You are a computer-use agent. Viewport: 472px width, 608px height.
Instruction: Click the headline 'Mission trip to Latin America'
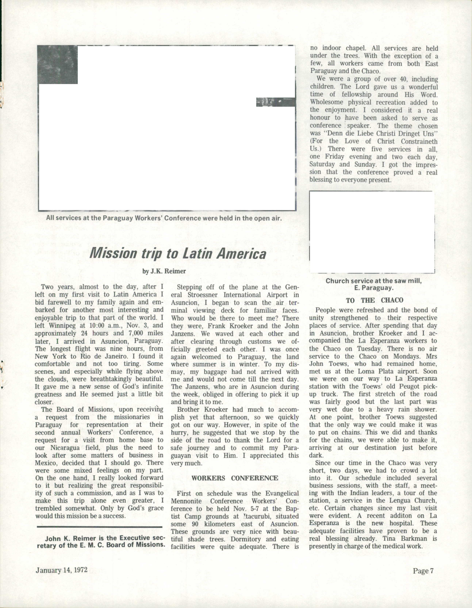pyautogui.click(x=178, y=253)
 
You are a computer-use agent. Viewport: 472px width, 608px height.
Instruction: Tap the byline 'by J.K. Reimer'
pyautogui.click(x=164, y=271)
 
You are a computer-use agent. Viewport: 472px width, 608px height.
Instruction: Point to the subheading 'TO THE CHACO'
pyautogui.click(x=374, y=300)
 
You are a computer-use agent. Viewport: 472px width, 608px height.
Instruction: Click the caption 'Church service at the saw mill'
pyautogui.click(x=374, y=281)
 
